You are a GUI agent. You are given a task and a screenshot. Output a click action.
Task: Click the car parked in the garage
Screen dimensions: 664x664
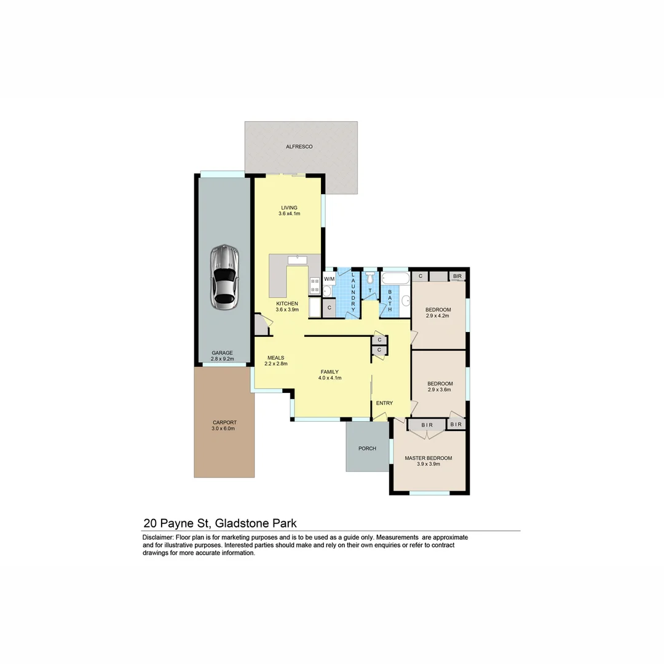(x=224, y=277)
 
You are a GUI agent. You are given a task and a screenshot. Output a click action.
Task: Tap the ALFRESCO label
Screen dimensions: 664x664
(x=299, y=147)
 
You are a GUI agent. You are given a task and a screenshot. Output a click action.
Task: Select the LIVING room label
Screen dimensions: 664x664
(x=289, y=208)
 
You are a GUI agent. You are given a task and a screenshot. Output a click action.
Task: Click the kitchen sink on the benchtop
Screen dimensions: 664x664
(x=297, y=260)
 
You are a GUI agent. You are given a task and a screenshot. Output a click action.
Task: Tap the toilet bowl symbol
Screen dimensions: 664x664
(x=370, y=279)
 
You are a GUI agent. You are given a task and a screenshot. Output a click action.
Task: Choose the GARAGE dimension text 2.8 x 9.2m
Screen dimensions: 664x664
(x=223, y=359)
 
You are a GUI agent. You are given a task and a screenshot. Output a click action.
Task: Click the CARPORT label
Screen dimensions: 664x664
(x=224, y=422)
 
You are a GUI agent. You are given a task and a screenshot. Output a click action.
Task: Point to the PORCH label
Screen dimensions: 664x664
(x=367, y=449)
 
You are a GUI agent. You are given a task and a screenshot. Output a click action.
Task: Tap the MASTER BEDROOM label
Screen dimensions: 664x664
(x=428, y=458)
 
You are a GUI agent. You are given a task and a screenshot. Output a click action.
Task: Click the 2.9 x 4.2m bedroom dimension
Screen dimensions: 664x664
(x=438, y=316)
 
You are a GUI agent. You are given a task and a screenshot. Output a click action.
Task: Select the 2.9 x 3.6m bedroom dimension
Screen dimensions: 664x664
(x=440, y=390)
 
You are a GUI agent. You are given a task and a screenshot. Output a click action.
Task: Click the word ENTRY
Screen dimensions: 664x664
(x=384, y=403)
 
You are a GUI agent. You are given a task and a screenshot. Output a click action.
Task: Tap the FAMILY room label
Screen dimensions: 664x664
(x=330, y=372)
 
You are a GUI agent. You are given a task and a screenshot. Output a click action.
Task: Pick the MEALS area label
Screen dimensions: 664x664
(x=276, y=357)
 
